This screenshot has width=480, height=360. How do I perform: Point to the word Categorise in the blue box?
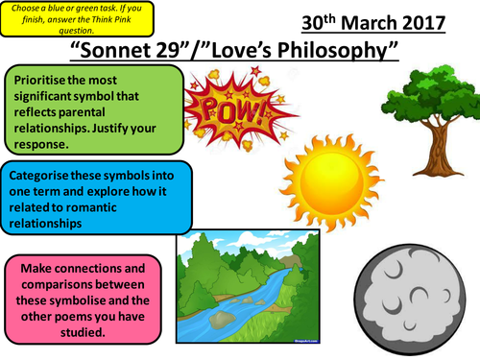44,177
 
